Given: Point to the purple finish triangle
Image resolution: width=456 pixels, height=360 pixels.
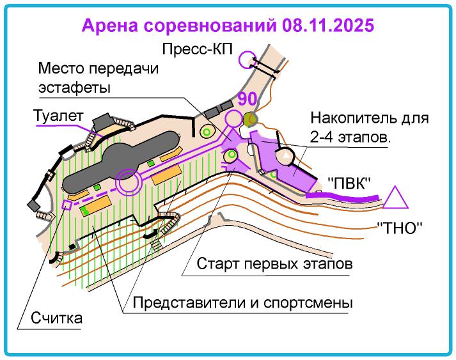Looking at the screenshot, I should (x=395, y=198).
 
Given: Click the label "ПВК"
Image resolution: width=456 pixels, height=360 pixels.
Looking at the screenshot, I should (x=350, y=182).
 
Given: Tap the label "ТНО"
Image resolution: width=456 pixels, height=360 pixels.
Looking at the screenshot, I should (x=401, y=226).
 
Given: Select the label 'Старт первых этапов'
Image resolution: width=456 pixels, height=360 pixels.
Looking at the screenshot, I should (x=275, y=263).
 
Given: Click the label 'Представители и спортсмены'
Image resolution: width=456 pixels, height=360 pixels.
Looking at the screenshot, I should (x=243, y=301).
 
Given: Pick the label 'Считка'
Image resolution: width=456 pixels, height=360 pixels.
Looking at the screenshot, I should (x=57, y=318).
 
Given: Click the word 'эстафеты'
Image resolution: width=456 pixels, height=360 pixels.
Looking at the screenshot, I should (x=75, y=87).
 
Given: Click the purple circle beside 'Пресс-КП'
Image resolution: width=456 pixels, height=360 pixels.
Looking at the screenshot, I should (x=245, y=60).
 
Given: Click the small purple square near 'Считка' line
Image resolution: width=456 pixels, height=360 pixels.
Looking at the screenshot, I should (x=66, y=205).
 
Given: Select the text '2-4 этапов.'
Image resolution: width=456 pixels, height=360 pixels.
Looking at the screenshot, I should (x=350, y=137).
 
